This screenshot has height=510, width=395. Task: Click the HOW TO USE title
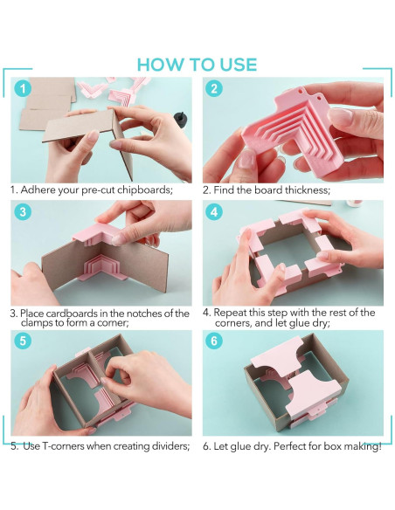pyautogui.click(x=197, y=65)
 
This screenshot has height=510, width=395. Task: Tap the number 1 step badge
pyautogui.click(x=23, y=88)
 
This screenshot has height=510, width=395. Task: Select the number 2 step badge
pyautogui.click(x=214, y=88)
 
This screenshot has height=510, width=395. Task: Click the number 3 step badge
pyautogui.click(x=23, y=211)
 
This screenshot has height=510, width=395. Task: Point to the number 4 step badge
pyautogui.click(x=214, y=211)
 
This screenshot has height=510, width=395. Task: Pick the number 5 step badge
pyautogui.click(x=23, y=341)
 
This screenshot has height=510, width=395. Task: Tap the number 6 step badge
pyautogui.click(x=214, y=341)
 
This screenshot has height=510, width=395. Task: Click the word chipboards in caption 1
pyautogui.click(x=144, y=190)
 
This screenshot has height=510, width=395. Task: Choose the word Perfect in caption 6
pyautogui.click(x=289, y=446)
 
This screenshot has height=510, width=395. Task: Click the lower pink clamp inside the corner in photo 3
pyautogui.click(x=101, y=268)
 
